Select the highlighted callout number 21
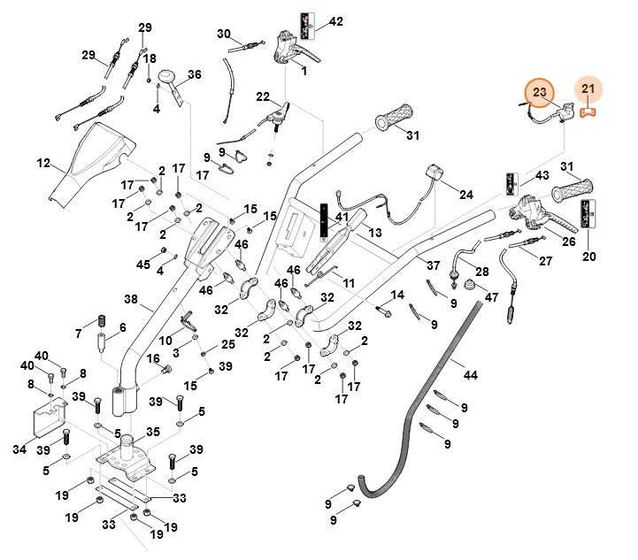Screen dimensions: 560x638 [589, 88]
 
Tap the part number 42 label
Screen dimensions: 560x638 [335, 21]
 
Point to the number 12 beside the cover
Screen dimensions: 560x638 [43, 163]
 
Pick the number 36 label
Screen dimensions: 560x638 [195, 74]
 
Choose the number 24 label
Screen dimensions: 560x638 [466, 195]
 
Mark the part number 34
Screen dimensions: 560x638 [19, 449]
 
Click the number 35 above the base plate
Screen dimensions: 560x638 [153, 433]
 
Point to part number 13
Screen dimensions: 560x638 [374, 232]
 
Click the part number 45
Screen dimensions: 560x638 [142, 265]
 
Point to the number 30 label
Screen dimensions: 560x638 [224, 34]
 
